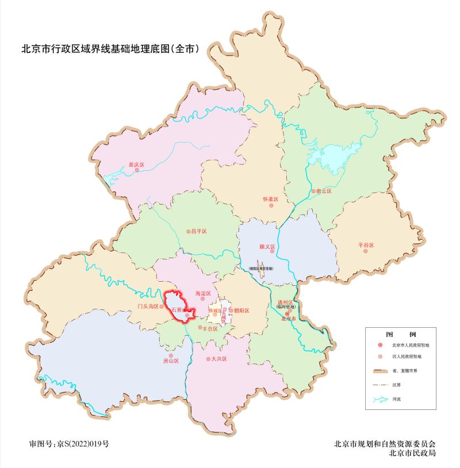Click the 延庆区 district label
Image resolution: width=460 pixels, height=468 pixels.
[x=136, y=164]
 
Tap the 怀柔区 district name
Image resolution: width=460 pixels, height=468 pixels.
[x=270, y=200]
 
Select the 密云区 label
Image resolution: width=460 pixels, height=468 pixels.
[x=324, y=191]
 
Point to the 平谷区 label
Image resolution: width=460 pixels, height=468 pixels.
[x=366, y=245]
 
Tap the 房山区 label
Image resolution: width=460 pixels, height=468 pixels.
[x=171, y=361]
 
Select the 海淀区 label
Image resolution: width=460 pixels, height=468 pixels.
[x=204, y=293]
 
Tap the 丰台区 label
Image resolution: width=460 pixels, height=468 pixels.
[x=210, y=328]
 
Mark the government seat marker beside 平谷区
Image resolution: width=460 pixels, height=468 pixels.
[x=365, y=251]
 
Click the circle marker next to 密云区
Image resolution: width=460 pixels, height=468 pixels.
[x=313, y=191]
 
